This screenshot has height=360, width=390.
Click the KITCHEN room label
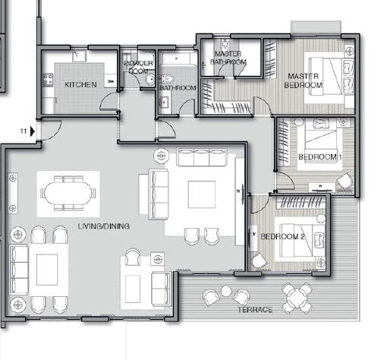click(80, 84)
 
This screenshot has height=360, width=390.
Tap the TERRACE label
click(255, 310)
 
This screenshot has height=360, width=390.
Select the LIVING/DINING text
click(104, 226)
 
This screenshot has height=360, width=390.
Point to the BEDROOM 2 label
click(282, 237)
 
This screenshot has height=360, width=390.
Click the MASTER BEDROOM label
click(304, 81)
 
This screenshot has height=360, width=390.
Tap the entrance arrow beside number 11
click(33, 131)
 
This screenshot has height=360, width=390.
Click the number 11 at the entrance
click(24, 131)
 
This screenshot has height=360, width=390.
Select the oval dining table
click(68, 193)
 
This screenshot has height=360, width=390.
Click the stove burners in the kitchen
click(48, 80)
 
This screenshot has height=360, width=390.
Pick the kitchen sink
click(80, 55)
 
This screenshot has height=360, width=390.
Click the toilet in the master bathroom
click(225, 46)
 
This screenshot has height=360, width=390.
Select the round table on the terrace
click(297, 298)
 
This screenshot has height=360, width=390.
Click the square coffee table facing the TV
click(202, 194)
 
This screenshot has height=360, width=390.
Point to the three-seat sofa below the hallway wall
click(202, 157)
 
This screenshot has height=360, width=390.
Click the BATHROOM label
click(178, 88)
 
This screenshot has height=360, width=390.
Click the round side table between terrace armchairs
click(226, 291)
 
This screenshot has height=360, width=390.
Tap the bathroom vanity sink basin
click(165, 102)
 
